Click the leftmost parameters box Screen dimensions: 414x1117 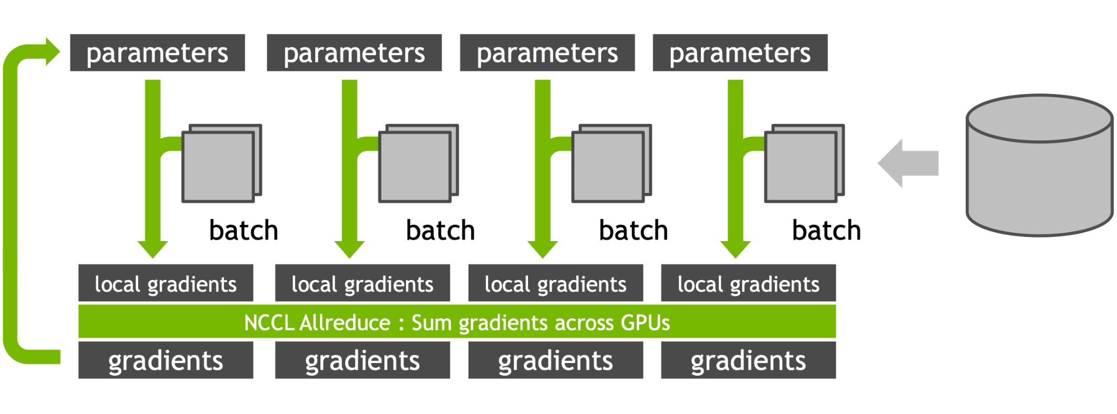157,53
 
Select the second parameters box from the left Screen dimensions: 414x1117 354,53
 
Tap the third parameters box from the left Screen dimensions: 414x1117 547,53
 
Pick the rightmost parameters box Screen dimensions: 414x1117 740,53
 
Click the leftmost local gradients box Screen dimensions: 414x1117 166,283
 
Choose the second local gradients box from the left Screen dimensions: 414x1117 362,283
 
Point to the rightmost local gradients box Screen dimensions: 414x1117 748,283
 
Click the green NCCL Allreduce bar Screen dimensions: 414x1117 457,322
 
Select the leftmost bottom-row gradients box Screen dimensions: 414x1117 166,360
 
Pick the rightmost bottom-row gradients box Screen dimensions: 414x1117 748,360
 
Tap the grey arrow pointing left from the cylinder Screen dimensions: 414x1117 908,163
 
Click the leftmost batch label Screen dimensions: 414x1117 243,230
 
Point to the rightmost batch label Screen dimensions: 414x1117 826,230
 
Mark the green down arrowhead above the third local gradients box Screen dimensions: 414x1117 542,249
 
